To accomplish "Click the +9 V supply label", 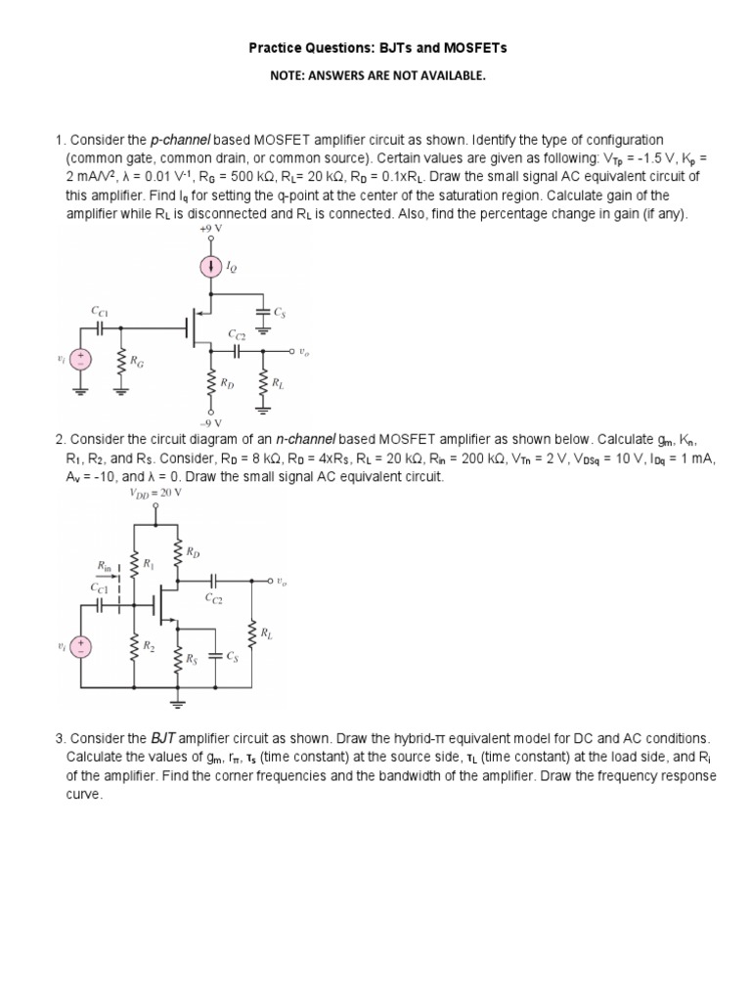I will [209, 229].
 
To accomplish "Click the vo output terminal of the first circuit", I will [290, 350].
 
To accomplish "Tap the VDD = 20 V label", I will [155, 493].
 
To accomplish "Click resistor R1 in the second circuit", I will [135, 564].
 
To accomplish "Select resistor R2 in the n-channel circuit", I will [135, 647].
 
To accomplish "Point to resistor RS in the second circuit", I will [178, 660].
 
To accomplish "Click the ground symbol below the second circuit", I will [178, 701].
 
